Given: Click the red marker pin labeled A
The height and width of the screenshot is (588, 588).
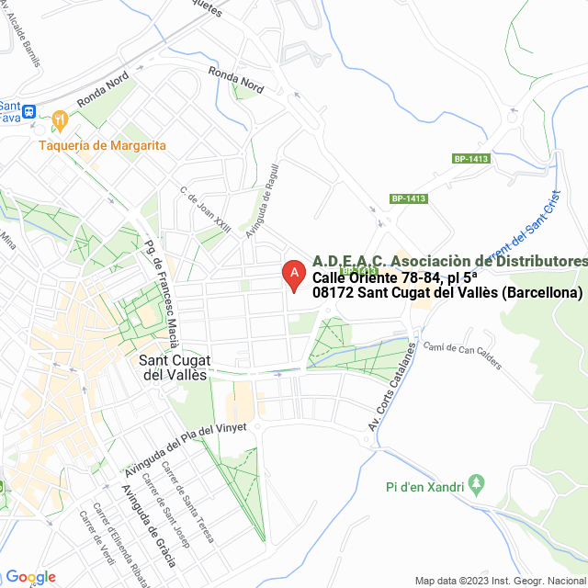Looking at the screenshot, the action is pos(293,274).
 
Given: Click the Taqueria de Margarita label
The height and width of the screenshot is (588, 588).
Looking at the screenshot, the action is pos(103,145).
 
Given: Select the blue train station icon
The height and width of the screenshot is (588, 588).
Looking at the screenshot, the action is pos(29,111).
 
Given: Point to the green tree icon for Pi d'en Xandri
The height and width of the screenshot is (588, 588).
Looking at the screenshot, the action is pos(476,482).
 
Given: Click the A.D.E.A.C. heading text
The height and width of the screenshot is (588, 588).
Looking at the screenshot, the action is pos(449,262).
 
